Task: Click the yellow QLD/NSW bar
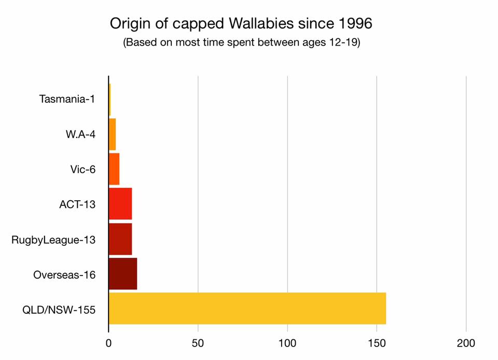click(x=247, y=308)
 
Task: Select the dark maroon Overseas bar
click(x=123, y=273)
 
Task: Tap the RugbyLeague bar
click(x=120, y=239)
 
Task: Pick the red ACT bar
click(x=120, y=204)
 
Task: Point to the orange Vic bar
click(x=114, y=169)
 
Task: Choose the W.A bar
click(x=112, y=134)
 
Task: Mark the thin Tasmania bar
click(x=109, y=100)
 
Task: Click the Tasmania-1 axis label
click(x=67, y=100)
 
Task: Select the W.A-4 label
click(x=80, y=134)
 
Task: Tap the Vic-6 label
click(x=82, y=169)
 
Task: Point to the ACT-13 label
click(x=77, y=204)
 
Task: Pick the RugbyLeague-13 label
click(x=53, y=239)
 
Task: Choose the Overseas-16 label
click(x=64, y=274)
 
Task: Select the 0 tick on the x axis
click(x=108, y=343)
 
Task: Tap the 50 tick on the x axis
click(x=198, y=343)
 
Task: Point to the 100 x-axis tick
click(x=287, y=343)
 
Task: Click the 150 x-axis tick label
click(x=377, y=343)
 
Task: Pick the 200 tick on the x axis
click(x=466, y=343)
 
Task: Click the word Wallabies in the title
click(x=274, y=24)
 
